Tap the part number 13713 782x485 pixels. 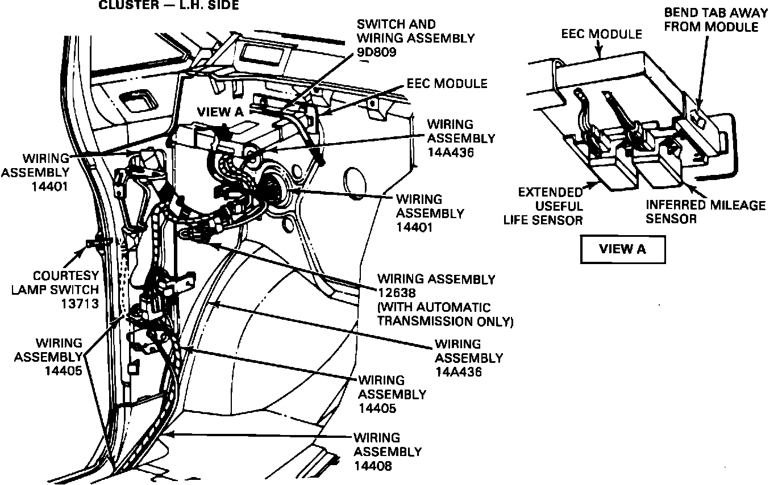80,303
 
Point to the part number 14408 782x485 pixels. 373,466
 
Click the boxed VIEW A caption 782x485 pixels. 622,249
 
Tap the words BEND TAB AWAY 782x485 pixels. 716,13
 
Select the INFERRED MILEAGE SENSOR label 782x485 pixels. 705,211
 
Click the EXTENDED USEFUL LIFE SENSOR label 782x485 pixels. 543,206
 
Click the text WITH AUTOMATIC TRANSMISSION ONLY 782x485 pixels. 445,314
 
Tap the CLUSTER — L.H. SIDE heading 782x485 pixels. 169,5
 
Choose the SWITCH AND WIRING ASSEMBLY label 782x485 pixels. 415,32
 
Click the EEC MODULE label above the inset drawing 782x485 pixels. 601,34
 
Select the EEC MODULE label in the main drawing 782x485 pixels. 447,83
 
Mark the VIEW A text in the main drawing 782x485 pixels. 219,112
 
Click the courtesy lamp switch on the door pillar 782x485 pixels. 94,244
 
